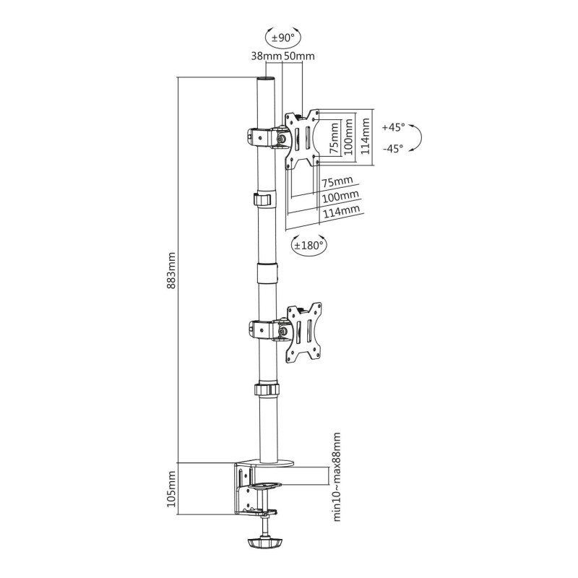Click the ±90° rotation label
283,38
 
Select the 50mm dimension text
299,56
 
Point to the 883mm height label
171,270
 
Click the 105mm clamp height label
171,489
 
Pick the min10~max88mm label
337,477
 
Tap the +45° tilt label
393,127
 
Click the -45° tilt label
393,149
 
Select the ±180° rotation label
309,245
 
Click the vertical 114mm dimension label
365,137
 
